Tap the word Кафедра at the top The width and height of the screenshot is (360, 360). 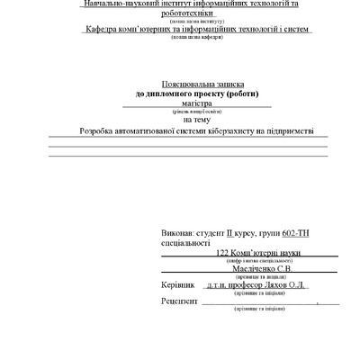[106, 31]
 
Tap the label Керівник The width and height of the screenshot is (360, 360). [176, 283]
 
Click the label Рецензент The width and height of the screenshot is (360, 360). [179, 301]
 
